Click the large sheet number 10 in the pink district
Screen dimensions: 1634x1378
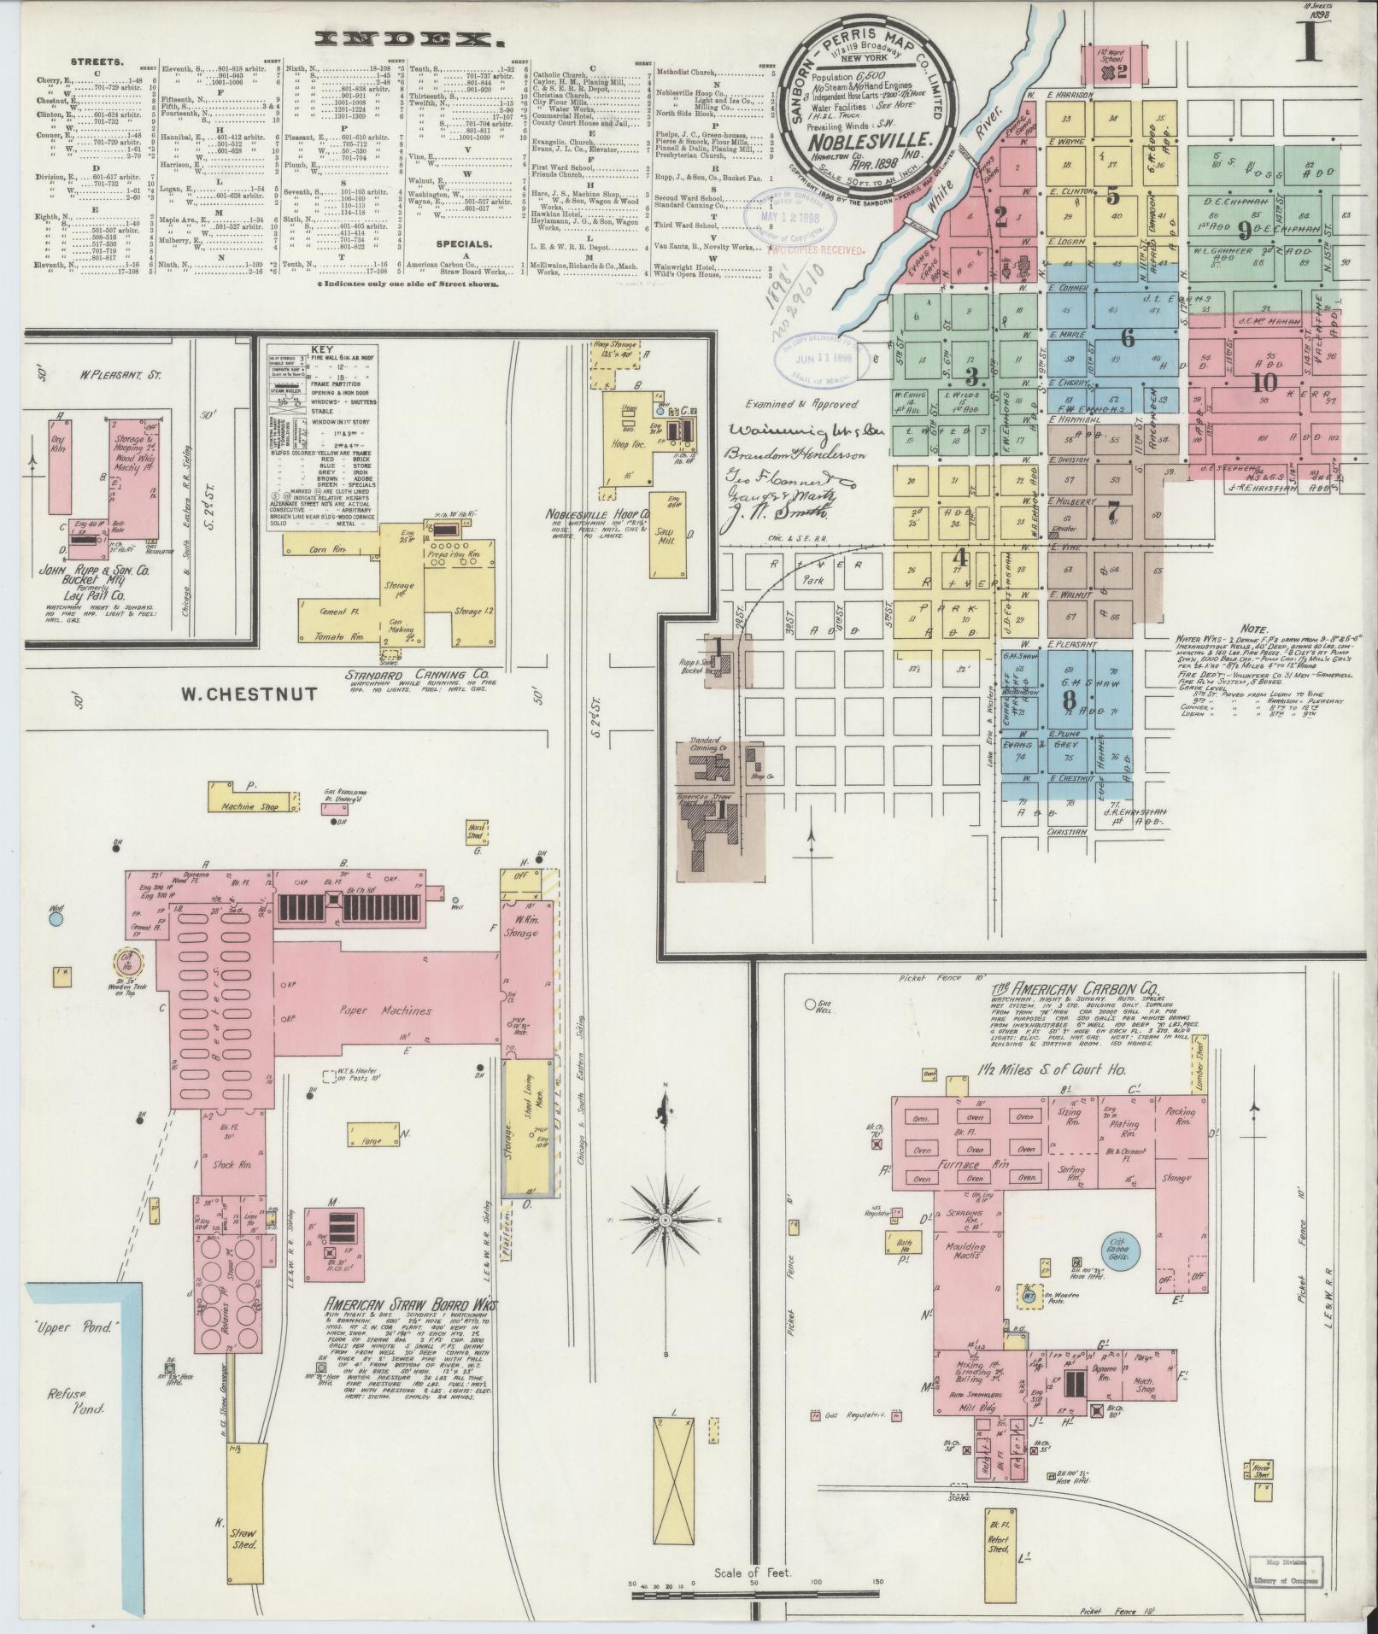[1264, 382]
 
